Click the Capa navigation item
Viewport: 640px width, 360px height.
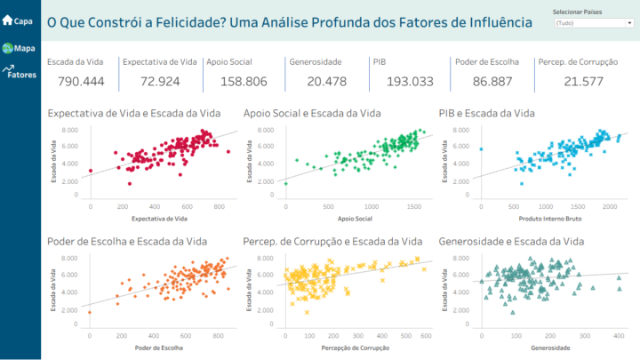19,20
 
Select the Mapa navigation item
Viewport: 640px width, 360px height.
19,48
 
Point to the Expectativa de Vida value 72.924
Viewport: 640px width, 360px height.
159,82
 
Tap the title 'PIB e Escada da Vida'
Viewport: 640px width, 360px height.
487,113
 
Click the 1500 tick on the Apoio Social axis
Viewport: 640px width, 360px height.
413,206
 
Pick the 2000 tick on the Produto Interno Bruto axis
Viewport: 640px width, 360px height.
610,206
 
